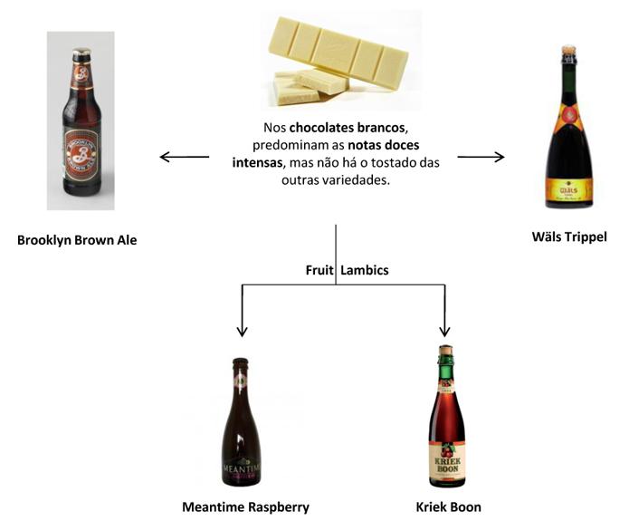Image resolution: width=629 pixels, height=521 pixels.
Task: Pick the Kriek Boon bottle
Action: coord(443,417)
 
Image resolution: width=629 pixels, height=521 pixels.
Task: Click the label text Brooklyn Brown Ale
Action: coord(77,240)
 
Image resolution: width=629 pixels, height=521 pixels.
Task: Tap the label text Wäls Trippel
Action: coord(569,236)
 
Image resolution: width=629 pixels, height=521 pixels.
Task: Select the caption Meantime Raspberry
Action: coord(245,507)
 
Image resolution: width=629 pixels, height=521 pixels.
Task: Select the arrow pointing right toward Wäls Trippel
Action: coord(481,157)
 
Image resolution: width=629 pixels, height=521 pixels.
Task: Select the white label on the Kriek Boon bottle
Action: coord(443,463)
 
